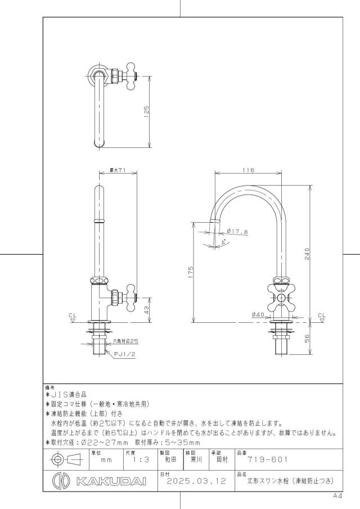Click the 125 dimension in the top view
[146, 112]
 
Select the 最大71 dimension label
[118, 170]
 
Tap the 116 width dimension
[248, 170]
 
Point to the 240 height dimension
[307, 254]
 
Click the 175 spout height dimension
[191, 272]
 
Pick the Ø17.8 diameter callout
[237, 232]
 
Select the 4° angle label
[224, 242]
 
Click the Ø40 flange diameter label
[258, 314]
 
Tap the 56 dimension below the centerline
[307, 338]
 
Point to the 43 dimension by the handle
[146, 310]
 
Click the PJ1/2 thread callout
[125, 354]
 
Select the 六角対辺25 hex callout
[125, 341]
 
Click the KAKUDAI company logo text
[111, 481]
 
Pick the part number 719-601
[268, 460]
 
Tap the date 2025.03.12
[196, 481]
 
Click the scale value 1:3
[141, 460]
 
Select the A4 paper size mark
[337, 496]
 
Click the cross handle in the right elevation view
[281, 298]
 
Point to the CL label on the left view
[73, 315]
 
